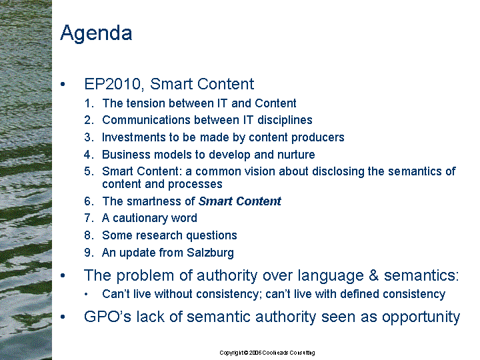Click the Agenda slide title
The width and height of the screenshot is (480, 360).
(96, 33)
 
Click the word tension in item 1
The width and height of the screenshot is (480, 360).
(146, 103)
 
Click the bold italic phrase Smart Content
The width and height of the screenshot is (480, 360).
(240, 201)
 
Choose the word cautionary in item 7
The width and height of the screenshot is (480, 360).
(140, 218)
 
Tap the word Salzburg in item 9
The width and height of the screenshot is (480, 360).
(210, 253)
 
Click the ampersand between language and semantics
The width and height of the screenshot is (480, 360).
(374, 275)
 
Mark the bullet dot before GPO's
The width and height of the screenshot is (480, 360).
(63, 317)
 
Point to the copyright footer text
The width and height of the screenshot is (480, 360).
(267, 353)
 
